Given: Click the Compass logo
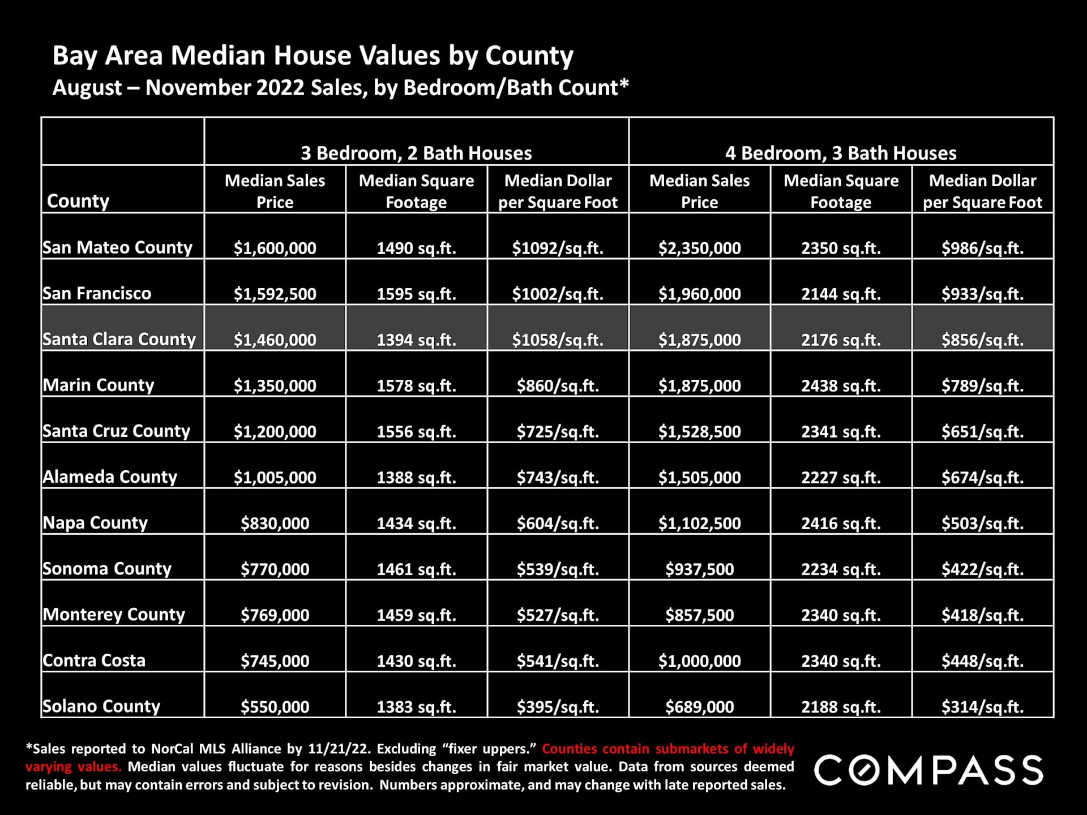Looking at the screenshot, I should [928, 770].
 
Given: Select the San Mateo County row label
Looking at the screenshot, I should [118, 247].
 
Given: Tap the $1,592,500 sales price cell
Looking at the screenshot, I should [275, 294].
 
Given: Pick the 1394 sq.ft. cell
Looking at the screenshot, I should [416, 340].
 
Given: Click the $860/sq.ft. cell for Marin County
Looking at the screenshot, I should [558, 385].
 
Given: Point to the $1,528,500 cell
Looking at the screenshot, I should [699, 431].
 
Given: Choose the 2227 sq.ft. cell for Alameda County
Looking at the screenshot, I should [841, 477].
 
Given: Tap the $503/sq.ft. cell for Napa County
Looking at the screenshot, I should [982, 523].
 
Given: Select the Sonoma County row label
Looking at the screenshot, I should [107, 568].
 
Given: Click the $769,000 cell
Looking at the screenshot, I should [275, 615].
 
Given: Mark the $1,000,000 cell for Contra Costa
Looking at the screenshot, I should [699, 660].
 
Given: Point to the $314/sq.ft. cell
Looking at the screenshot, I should [982, 706].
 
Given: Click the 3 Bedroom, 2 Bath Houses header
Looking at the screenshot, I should [416, 153].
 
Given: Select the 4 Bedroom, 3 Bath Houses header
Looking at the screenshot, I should [841, 153].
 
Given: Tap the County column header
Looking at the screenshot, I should [78, 201].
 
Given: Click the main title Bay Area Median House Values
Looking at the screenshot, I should [313, 55].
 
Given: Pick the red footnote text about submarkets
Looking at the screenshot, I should [668, 749].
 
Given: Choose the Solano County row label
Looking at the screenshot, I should [101, 706].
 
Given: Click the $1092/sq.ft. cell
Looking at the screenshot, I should [558, 248].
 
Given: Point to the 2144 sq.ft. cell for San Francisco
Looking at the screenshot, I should [841, 294].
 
